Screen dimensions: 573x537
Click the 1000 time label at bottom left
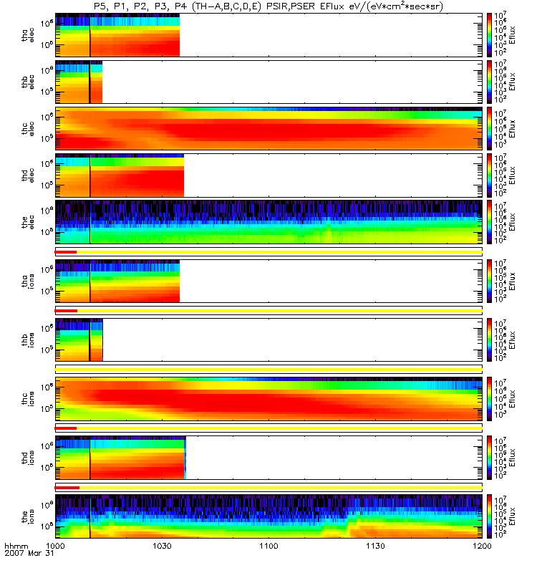coord(56,546)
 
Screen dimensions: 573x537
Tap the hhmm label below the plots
coord(16,546)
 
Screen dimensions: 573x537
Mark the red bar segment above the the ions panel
coord(67,488)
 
